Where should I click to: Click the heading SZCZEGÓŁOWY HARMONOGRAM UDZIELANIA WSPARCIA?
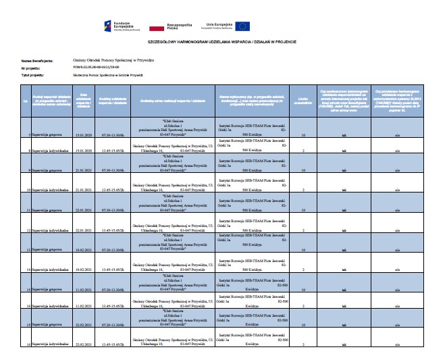pyautogui.click(x=223, y=42)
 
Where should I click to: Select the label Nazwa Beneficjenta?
pyautogui.click(x=36, y=60)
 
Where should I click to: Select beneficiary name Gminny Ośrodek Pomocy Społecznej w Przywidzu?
pyautogui.click(x=107, y=60)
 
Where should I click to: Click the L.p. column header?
pyautogui.click(x=26, y=101)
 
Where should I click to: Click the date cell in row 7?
pyautogui.click(x=84, y=134)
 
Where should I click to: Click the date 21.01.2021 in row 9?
pyautogui.click(x=84, y=171)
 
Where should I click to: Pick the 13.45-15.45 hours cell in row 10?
pyautogui.click(x=113, y=191)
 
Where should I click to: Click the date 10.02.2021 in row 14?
pyautogui.click(x=84, y=269)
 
